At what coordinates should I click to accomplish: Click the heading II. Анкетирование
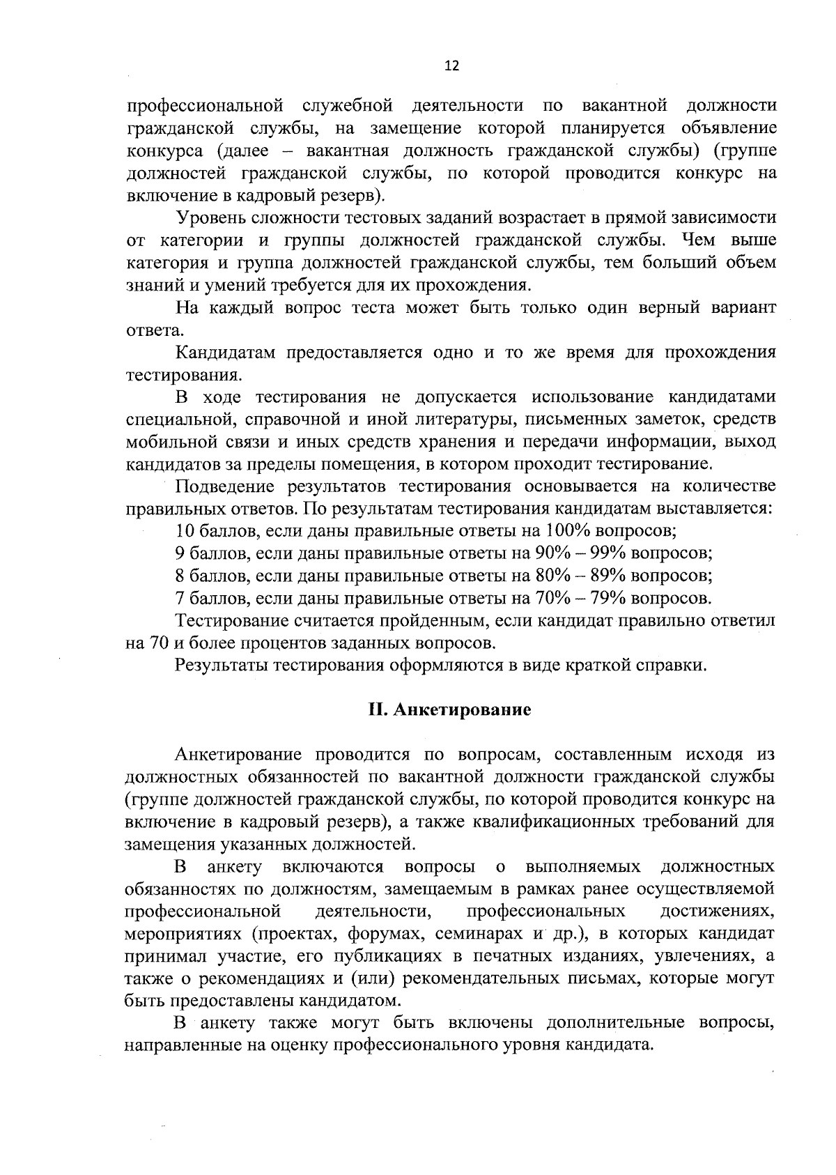point(449,709)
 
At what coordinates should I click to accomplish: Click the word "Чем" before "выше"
point(698,240)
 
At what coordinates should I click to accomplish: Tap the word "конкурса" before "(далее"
point(164,151)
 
